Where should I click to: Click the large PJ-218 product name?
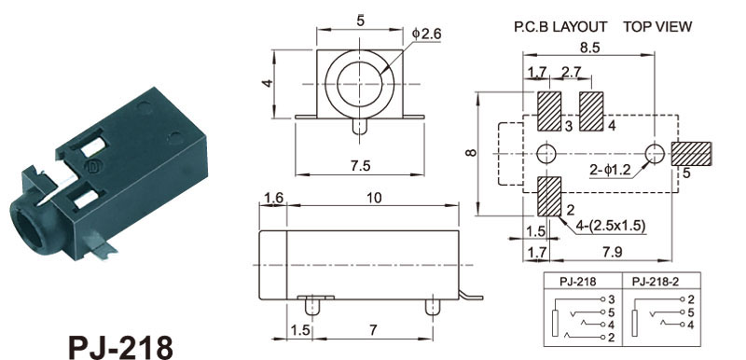pyautogui.click(x=121, y=348)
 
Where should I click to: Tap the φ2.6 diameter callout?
pyautogui.click(x=427, y=34)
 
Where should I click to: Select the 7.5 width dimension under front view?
pyautogui.click(x=359, y=165)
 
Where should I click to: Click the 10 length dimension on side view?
pyautogui.click(x=375, y=198)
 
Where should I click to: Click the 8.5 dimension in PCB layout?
pyautogui.click(x=588, y=48)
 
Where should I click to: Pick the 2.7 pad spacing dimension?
pyautogui.click(x=572, y=72)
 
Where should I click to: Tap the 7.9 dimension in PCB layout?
pyautogui.click(x=612, y=252)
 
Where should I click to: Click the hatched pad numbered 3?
pyautogui.click(x=549, y=111)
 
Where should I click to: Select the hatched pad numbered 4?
pyautogui.click(x=591, y=111)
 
